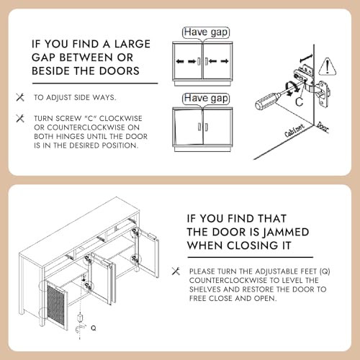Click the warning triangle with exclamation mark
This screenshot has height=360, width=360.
(x=328, y=66)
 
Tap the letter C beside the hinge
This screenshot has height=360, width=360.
(x=300, y=102)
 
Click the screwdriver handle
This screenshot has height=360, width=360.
(x=266, y=102)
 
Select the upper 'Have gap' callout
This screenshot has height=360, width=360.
(x=206, y=32)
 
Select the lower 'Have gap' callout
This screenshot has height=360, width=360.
(x=206, y=99)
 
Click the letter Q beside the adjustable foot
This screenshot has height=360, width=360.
(x=94, y=328)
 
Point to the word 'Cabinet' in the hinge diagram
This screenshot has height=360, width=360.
(x=294, y=130)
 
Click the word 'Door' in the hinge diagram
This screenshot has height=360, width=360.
(x=323, y=127)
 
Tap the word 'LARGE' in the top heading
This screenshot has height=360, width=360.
(x=132, y=44)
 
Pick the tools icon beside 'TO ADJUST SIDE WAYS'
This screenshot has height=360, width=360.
(x=20, y=97)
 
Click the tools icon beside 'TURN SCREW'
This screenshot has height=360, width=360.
(x=20, y=118)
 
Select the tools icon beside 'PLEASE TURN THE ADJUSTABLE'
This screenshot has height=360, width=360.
(x=176, y=271)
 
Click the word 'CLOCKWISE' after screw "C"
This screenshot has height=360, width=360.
(x=121, y=119)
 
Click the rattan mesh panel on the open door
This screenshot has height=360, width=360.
(x=55, y=303)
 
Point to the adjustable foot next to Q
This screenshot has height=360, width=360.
(x=80, y=318)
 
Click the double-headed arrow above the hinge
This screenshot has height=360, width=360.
(x=307, y=58)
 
